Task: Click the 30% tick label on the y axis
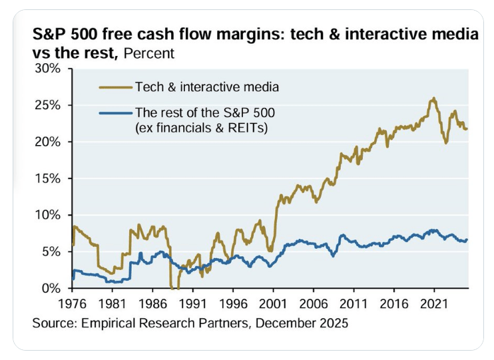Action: coord(50,69)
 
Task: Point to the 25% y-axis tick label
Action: coord(50,105)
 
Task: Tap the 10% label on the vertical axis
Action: coord(50,215)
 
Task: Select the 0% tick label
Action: coord(54,288)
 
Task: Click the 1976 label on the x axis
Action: coord(71,303)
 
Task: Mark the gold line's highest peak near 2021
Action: coord(434,98)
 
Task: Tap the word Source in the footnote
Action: coord(52,324)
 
